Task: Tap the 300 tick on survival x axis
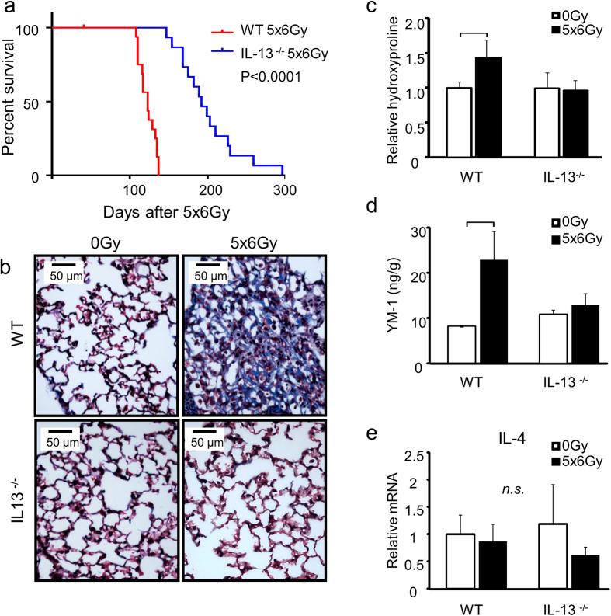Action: (x=285, y=191)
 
